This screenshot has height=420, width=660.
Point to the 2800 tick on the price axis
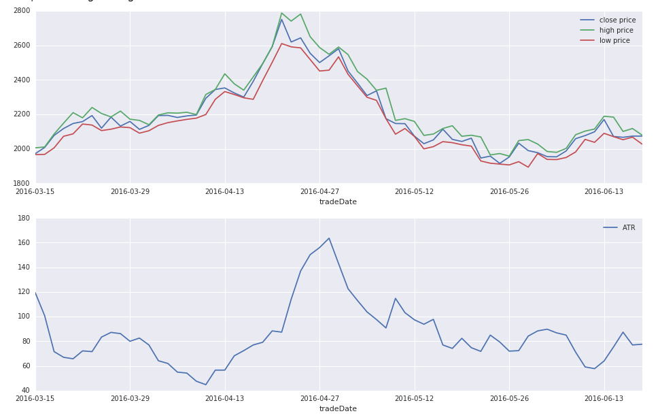coord(21,11)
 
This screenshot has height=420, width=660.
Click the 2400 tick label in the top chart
coord(21,80)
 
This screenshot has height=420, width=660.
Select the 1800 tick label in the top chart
coord(21,184)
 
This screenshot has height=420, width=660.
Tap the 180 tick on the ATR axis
coord(24,219)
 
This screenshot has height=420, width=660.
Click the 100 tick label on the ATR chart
coord(24,317)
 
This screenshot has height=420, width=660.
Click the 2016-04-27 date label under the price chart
coord(319,192)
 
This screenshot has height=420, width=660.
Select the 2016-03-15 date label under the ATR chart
coord(35,399)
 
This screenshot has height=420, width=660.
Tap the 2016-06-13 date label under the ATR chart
coord(604,399)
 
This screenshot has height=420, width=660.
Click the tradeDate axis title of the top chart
coord(338,202)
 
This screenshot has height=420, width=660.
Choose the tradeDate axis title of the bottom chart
coord(338,409)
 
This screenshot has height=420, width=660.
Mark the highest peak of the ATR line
coord(329,238)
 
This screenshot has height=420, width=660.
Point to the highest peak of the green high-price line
coord(281,13)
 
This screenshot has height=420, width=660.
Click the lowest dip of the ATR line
coord(206,385)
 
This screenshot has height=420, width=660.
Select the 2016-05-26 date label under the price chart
coord(509,192)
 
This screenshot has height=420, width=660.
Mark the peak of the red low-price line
coord(281,44)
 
